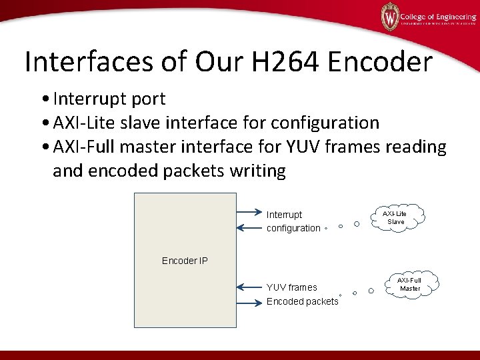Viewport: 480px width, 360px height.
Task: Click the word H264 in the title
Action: point(289,62)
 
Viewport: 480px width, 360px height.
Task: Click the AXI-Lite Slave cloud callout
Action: point(396,217)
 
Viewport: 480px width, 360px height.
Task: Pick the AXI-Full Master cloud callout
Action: point(410,284)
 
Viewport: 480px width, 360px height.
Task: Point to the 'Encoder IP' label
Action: point(185,260)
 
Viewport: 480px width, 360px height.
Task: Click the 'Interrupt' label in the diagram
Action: point(284,215)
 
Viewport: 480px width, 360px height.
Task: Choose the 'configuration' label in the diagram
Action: point(293,228)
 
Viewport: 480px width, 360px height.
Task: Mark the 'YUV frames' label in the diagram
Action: point(291,287)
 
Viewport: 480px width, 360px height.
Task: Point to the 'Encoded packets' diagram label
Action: point(302,302)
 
